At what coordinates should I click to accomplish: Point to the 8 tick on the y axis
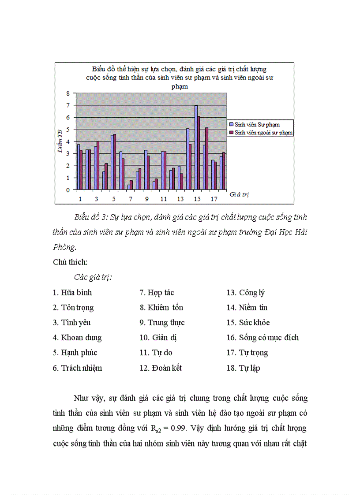click(x=68, y=93)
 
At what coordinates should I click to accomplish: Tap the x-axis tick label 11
click(x=164, y=199)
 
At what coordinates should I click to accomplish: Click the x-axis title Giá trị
click(x=239, y=194)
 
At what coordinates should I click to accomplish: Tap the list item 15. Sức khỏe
click(x=248, y=323)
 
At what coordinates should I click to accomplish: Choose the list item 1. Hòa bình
click(x=72, y=293)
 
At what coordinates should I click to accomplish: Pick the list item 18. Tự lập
click(x=243, y=368)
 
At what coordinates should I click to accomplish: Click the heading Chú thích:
click(x=70, y=262)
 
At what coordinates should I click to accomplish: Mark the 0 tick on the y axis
click(x=68, y=190)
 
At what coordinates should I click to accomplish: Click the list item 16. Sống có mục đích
click(x=262, y=338)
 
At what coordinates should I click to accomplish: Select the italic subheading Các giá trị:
click(x=93, y=277)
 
